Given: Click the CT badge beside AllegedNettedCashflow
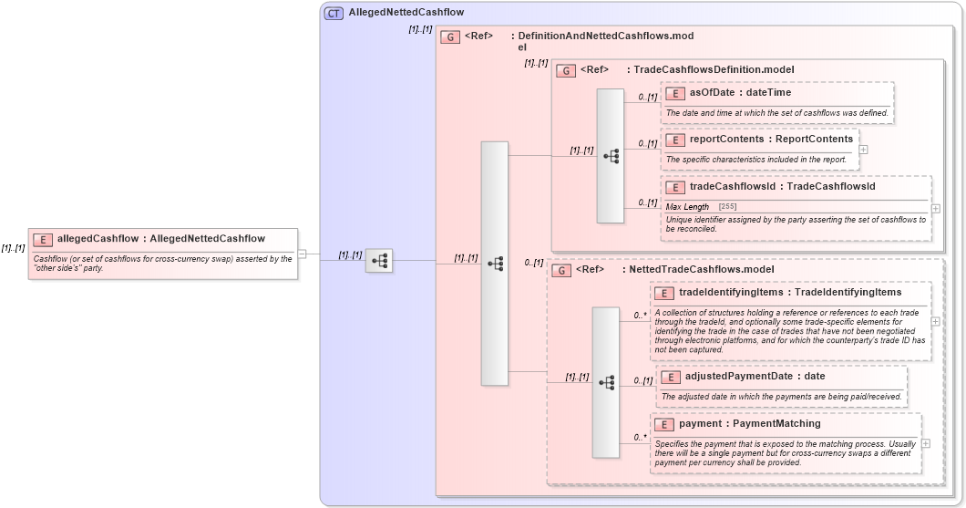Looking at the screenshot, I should click(334, 13).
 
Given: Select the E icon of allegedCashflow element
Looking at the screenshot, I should click(43, 239).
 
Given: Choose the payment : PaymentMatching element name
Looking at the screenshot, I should click(750, 424).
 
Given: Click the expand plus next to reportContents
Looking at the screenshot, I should click(863, 150).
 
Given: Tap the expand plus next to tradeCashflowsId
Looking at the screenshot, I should click(935, 209).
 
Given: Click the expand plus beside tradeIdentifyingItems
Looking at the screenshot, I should click(935, 321).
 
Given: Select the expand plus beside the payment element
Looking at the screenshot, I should click(926, 443).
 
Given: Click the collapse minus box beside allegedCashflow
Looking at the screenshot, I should click(303, 254).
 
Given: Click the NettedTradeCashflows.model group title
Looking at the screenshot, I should click(697, 270).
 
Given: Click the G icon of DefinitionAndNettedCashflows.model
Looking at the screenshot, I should click(449, 37).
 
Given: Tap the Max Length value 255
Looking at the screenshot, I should click(727, 207).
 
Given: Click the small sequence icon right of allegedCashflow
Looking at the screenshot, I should click(379, 262).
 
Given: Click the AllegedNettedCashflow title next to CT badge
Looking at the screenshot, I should click(406, 13).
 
